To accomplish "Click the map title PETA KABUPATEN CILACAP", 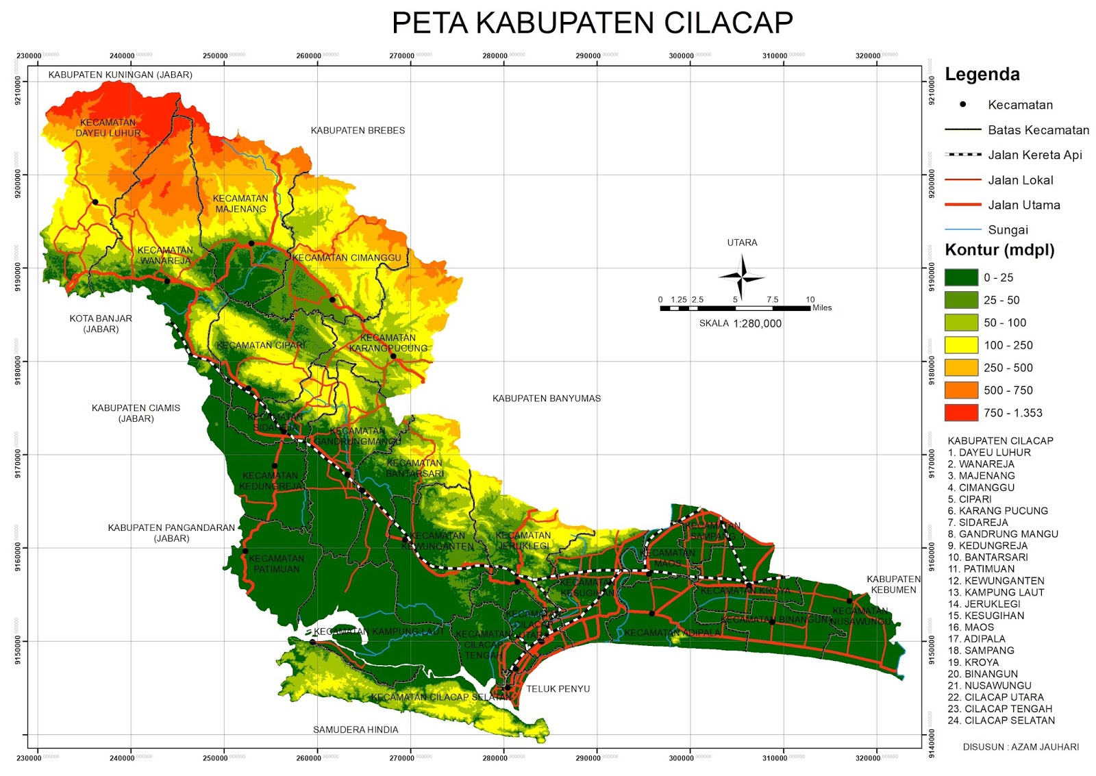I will pos(592,23).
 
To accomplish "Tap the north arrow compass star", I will pos(742,277).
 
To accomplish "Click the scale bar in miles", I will pos(735,308).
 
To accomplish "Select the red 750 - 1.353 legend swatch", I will pos(961,412).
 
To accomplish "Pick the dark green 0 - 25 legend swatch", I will pos(961,277).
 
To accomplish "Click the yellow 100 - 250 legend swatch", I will pos(961,345).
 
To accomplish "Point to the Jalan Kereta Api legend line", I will pos(962,155).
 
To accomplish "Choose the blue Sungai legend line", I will pos(962,229).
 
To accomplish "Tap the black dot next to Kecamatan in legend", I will pos(962,105).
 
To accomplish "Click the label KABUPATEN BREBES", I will pos(358,130).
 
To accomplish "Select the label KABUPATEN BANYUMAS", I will pos(546,398).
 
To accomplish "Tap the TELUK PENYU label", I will pos(558,689).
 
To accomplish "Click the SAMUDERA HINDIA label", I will pos(356,729).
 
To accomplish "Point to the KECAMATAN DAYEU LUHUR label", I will pos(108,127).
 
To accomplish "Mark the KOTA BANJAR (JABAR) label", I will pos(101,323).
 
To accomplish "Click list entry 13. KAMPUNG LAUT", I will pos(995,592).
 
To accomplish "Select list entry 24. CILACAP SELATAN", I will pos(1001,721).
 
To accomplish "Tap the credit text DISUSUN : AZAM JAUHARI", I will pos(1020,747).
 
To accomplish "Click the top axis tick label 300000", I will pos(681,56).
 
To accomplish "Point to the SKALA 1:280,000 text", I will pos(740,323).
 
